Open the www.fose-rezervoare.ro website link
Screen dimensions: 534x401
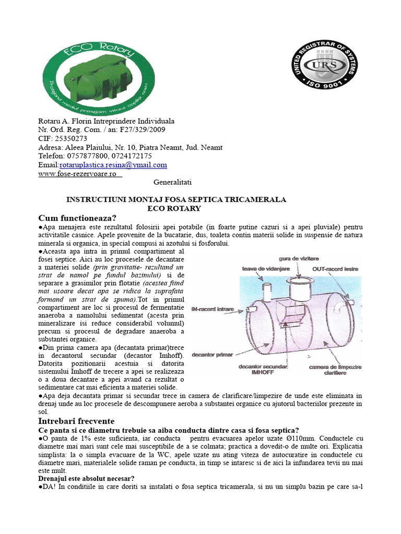click(x=77, y=174)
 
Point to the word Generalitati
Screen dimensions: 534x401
click(x=173, y=183)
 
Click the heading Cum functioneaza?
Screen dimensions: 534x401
click(x=77, y=217)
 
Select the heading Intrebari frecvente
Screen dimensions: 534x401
click(x=77, y=421)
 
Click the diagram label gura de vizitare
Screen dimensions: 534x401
click(x=299, y=259)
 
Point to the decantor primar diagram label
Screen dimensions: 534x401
click(x=213, y=355)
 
